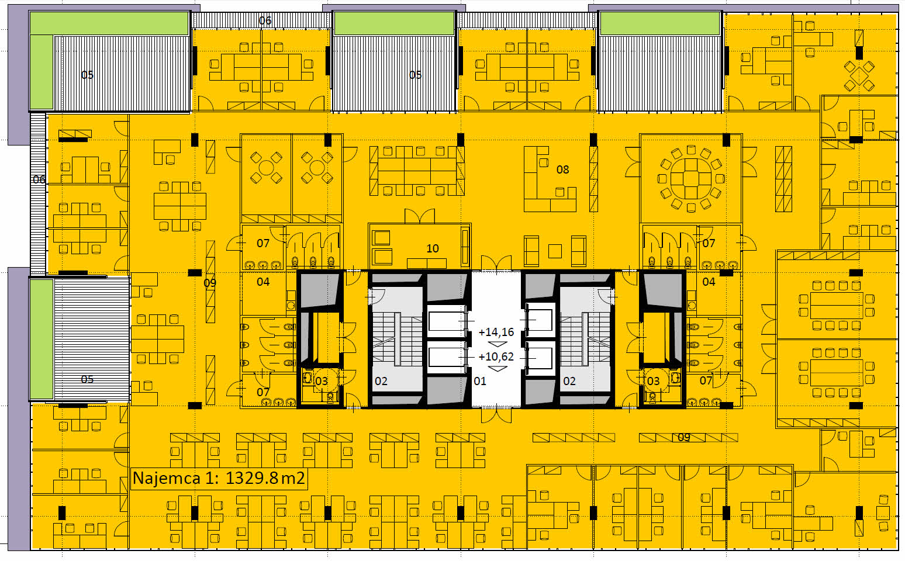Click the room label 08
coord(562,169)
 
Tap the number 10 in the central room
coord(432,248)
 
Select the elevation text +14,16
coord(496,332)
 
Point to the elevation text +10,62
coord(496,356)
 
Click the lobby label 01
coord(479,381)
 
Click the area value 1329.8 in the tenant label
coord(252,478)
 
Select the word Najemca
coord(167,478)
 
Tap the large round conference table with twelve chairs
coord(691,178)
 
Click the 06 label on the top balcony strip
coord(265,20)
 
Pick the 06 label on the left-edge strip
coord(39,179)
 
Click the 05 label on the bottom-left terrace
coord(87,379)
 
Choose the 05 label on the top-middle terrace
coord(415,75)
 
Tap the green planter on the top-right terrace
coord(660,23)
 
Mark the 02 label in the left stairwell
coord(381,381)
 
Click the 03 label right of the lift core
coord(653,381)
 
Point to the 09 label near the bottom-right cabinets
coord(683,438)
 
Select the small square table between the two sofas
coord(555,251)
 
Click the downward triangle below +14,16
coord(498,344)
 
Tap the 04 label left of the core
coord(263,282)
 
